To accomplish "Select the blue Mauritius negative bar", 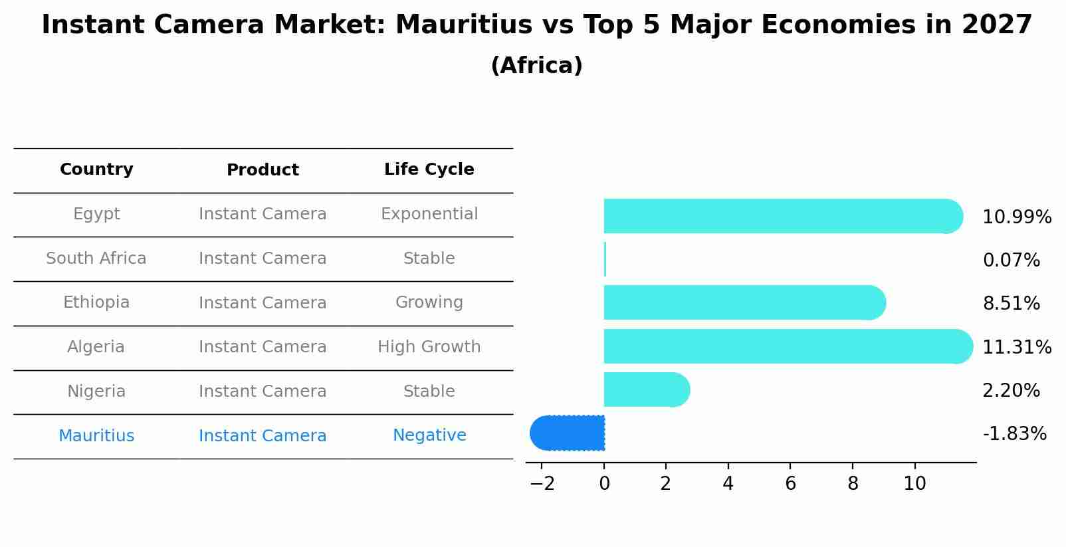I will (x=568, y=433).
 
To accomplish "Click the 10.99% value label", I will (x=1016, y=217).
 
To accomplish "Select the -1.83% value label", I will (x=1014, y=434).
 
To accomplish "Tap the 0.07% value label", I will (x=1011, y=261).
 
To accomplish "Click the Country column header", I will (x=96, y=169).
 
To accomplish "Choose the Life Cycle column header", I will (x=429, y=169).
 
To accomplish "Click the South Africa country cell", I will (x=96, y=259).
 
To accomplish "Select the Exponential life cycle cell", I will (x=429, y=214).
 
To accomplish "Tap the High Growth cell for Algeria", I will (x=429, y=347).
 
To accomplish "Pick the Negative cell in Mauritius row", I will (x=429, y=435).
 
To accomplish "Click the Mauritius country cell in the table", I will (x=96, y=436).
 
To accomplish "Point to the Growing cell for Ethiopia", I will (x=429, y=302).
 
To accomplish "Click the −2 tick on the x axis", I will (x=542, y=484).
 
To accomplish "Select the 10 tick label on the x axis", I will (x=914, y=484).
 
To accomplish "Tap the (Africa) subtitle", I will (x=536, y=66).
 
